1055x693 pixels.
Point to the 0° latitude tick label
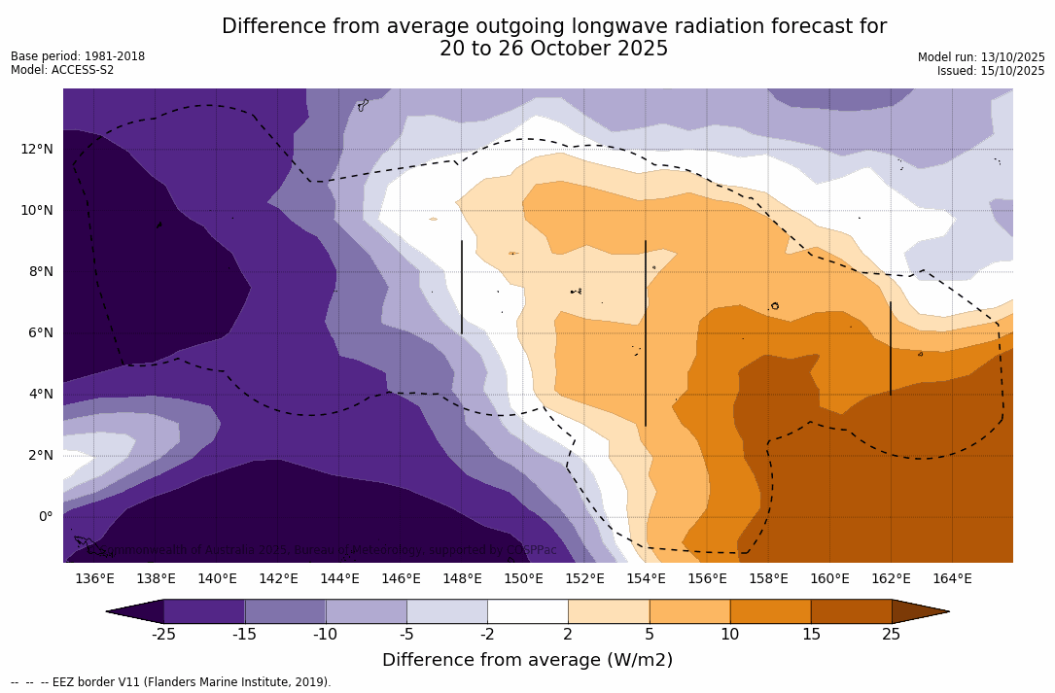coord(45,516)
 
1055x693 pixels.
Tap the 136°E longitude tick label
coord(94,579)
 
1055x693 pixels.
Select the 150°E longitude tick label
coord(523,579)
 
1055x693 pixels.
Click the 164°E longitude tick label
coord(952,579)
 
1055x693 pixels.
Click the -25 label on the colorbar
coord(163,635)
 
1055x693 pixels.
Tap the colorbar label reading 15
coord(810,635)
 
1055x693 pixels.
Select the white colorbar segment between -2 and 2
coord(527,611)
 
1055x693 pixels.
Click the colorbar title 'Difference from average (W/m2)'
coord(527,660)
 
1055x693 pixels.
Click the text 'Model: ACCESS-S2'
coord(62,70)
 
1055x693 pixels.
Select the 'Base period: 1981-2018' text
coord(78,56)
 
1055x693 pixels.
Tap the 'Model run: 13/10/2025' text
coord(981,57)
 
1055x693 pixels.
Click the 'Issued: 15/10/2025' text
coord(991,71)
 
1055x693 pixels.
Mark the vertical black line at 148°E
coord(462,287)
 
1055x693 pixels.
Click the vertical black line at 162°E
coord(891,348)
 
